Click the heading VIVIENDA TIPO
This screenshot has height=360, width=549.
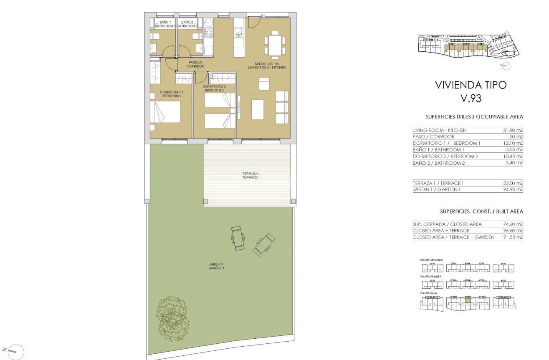point(471,85)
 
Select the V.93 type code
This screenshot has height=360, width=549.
point(471,99)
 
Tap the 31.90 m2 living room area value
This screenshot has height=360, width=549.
point(513,130)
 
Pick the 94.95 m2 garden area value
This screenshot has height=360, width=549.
point(513,189)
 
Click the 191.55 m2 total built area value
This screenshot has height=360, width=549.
point(512,237)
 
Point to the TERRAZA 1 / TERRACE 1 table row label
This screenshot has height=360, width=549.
point(438,183)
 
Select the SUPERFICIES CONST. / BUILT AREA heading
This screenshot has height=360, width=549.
point(481,211)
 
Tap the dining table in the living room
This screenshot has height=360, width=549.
point(275,45)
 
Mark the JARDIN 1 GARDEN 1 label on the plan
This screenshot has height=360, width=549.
point(216,266)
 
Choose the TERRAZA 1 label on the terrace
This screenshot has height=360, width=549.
point(250,175)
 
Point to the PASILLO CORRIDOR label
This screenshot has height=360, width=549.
point(195,64)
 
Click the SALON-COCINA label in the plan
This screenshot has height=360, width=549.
point(267,65)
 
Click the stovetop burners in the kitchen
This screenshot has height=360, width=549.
point(208,33)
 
